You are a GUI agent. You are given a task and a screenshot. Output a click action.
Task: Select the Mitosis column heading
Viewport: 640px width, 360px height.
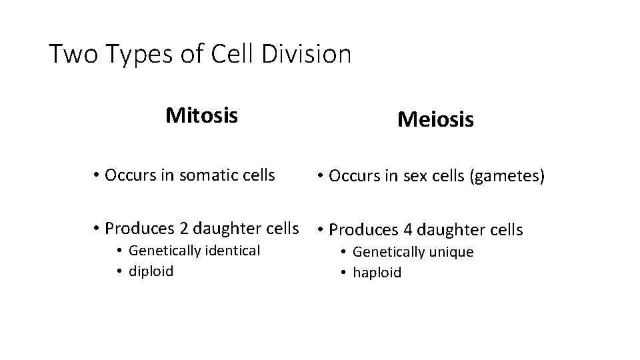coord(201,115)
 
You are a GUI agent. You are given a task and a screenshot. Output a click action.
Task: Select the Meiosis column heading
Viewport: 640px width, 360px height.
coord(435,120)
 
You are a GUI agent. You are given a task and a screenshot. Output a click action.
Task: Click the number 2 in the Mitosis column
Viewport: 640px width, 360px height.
coord(183,228)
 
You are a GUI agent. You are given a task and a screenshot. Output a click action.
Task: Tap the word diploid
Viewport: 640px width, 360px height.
coord(151,271)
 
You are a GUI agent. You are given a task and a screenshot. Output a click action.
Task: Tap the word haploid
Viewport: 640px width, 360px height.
coord(377,273)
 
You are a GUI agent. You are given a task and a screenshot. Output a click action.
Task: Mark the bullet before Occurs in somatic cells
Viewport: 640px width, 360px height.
coord(97,175)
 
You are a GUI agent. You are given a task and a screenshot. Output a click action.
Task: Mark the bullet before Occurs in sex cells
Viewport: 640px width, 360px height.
coord(321,177)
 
